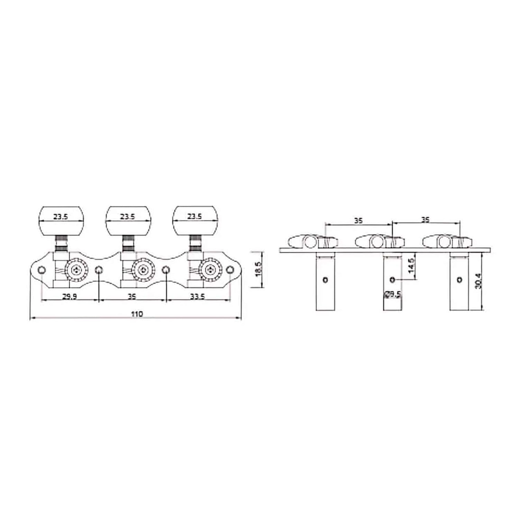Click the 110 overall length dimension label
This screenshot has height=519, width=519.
pos(137,314)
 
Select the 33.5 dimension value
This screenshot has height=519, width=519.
pos(198,297)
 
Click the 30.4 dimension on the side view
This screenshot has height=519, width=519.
pos(477,281)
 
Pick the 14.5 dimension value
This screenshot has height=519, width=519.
pos(411,265)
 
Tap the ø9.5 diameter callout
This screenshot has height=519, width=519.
pos(392,294)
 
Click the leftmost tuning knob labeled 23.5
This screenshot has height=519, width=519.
pos(61,220)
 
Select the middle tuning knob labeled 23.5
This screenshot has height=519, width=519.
pos(128,220)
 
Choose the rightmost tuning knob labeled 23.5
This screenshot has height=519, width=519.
pos(195,220)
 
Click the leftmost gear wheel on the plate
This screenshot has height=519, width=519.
pos(77,270)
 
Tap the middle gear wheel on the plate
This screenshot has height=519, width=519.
pos(144,270)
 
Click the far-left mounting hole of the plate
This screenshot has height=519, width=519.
pos(42,270)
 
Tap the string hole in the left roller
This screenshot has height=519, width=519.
pos(325,280)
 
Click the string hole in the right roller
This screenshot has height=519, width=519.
pos(459,280)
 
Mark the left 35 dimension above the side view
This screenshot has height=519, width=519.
pos(358,220)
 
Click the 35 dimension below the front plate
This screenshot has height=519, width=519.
pos(132,297)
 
